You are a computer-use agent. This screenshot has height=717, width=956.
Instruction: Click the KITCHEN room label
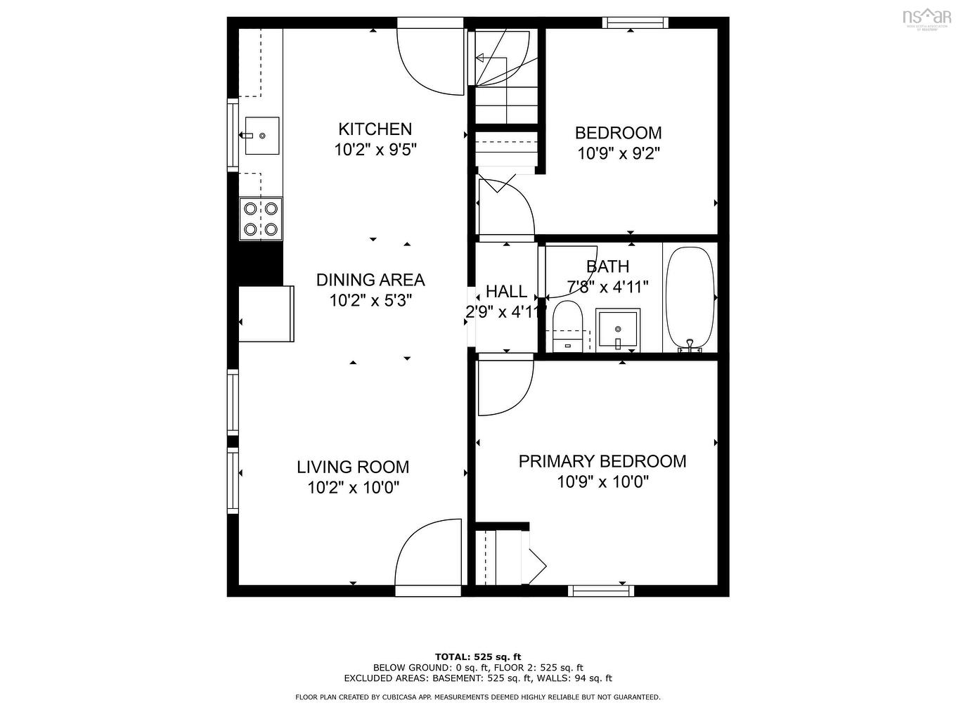375,129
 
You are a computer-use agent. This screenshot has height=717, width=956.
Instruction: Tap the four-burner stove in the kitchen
260,219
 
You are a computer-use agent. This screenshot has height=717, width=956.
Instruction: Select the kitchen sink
261,135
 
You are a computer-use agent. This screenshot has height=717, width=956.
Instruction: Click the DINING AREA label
370,280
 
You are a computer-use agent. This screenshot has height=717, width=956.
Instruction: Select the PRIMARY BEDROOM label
602,461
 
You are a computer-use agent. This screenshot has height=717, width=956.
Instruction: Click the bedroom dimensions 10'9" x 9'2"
618,153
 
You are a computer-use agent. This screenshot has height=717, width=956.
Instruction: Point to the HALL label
506,291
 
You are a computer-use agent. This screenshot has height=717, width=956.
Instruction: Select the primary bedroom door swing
503,387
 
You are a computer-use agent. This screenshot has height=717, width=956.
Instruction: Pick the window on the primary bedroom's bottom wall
600,590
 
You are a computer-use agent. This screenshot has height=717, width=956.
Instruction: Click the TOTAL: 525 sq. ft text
478,657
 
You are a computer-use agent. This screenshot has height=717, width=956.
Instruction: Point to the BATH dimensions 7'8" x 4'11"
607,287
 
